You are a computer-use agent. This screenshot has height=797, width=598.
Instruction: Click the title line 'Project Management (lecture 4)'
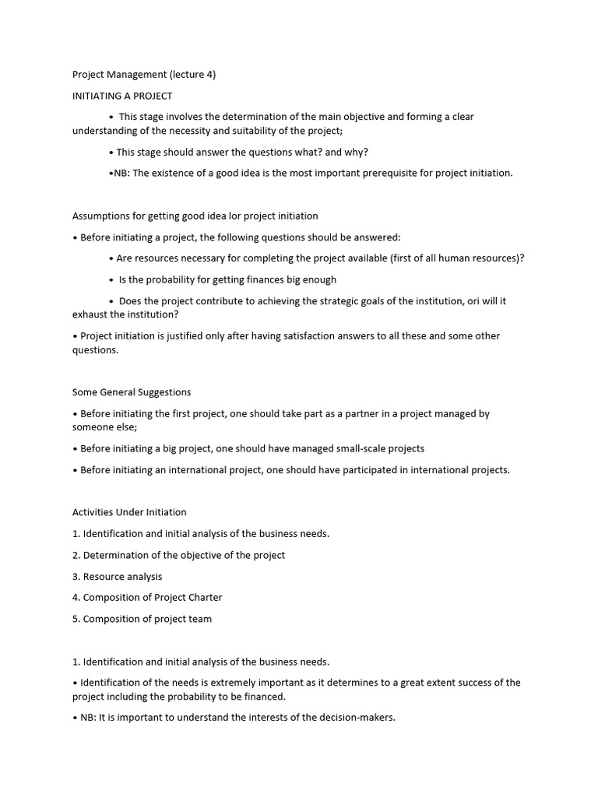(x=144, y=75)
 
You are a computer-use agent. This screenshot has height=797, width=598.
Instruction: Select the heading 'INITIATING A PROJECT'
(x=122, y=96)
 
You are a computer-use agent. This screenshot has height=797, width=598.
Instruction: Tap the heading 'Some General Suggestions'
(x=132, y=392)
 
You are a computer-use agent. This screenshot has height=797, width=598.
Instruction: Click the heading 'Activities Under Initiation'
(x=129, y=512)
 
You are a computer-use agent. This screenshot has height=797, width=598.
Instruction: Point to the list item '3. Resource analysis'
(x=117, y=577)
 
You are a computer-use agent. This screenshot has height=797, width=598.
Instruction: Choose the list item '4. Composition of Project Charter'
(x=147, y=598)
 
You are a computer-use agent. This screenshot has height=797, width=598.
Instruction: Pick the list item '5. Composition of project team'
(x=142, y=619)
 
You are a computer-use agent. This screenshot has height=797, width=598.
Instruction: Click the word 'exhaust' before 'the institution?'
(x=91, y=315)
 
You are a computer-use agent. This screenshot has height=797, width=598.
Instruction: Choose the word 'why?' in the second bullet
(x=357, y=153)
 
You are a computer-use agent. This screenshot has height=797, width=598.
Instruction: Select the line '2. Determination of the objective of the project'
(x=178, y=555)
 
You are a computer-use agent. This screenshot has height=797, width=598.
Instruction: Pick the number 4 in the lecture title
(x=208, y=75)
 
